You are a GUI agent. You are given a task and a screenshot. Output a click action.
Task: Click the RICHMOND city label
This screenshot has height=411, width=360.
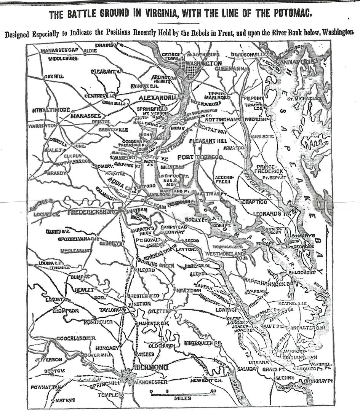pos(151,367)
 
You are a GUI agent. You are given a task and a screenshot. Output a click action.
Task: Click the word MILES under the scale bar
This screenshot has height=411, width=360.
pos(182,398)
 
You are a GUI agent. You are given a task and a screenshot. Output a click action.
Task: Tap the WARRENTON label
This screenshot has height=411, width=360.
pos(42,125)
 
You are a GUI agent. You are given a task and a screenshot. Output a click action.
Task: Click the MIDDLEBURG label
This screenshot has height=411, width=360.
pos(63,59)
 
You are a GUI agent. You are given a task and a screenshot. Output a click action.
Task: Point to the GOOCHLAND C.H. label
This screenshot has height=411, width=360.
pos(76,338)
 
